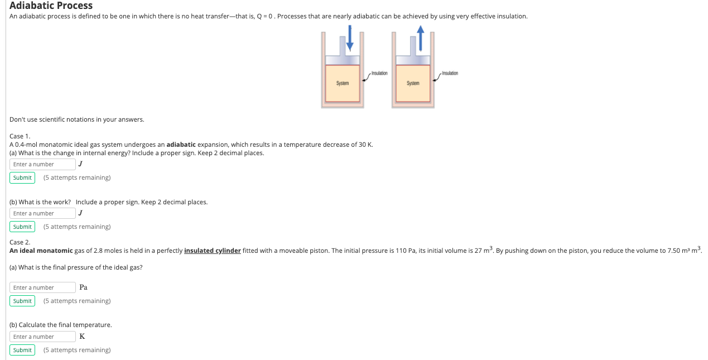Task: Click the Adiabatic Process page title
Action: pos(51,6)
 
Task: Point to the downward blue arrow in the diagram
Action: pos(349,37)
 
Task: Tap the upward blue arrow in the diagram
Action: pos(420,37)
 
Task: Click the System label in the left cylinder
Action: pos(342,83)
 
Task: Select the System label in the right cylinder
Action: pos(413,83)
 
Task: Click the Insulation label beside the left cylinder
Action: pos(379,74)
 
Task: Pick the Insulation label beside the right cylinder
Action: pos(450,74)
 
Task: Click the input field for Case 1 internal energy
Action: pos(42,164)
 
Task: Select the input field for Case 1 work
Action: pos(42,213)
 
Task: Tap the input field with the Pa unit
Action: pos(42,287)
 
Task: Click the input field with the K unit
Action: pos(42,337)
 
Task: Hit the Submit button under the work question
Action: pos(22,227)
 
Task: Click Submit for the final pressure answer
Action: pos(22,301)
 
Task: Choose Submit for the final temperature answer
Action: pos(22,350)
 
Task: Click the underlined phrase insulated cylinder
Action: pos(212,251)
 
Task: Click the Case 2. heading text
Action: pos(20,242)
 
